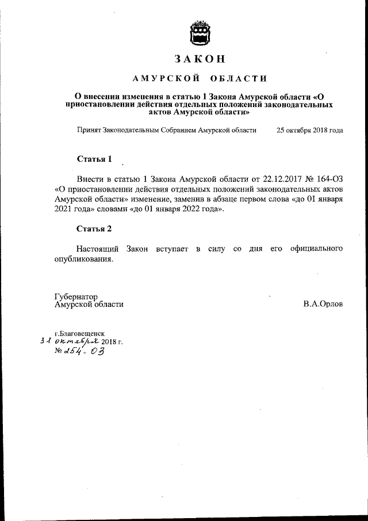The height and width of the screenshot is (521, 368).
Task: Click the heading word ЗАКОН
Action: [200, 59]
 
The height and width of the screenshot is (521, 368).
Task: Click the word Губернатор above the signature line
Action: [76, 296]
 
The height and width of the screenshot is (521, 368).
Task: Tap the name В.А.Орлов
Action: [323, 304]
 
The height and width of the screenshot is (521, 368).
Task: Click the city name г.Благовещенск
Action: [79, 333]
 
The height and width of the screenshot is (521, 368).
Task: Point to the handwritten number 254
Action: [76, 352]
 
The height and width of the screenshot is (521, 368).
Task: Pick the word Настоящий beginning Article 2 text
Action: [98, 248]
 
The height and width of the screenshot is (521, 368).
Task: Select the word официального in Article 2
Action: [315, 248]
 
